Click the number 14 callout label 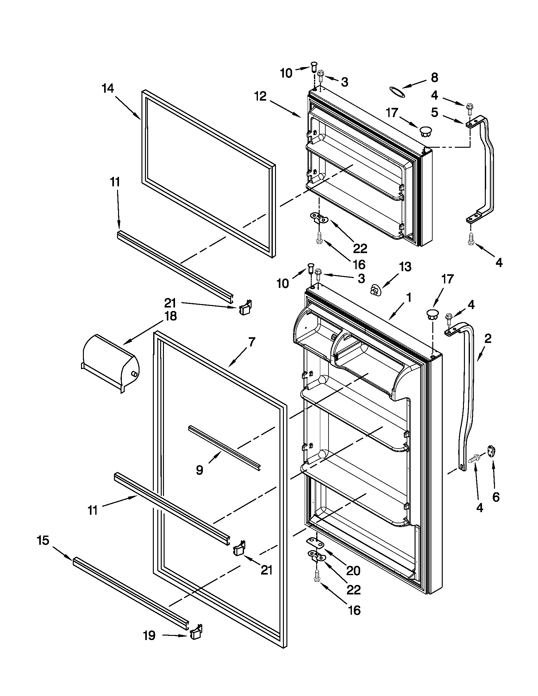tap(108, 88)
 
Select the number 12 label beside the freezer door tap(260, 96)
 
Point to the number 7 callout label tap(252, 342)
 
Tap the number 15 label tap(43, 540)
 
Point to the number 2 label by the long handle tap(488, 338)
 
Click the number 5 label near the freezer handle tap(435, 112)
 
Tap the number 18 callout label tap(171, 316)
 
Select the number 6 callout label tap(496, 497)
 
